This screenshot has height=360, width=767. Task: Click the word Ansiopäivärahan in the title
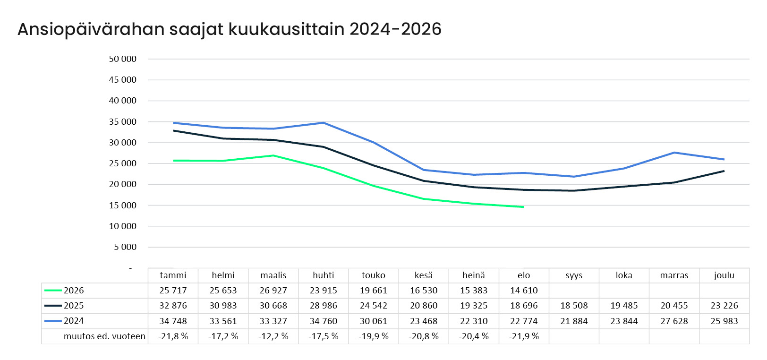[x=91, y=29]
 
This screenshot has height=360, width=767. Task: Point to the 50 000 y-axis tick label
[x=123, y=59]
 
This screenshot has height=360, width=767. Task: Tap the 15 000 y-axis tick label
[x=123, y=206]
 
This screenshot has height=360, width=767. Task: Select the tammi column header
[x=173, y=275]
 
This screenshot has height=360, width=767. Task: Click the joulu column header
[x=724, y=275]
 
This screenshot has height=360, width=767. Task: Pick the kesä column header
[x=424, y=275]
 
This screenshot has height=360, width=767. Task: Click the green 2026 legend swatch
[x=53, y=291]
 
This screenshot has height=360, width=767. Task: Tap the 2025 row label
[x=74, y=306]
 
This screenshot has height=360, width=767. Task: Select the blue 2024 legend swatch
[x=53, y=321]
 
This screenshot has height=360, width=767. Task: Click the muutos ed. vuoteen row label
[x=104, y=336]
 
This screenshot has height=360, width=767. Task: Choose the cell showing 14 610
[x=524, y=291]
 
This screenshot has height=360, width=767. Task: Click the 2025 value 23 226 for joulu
[x=724, y=306]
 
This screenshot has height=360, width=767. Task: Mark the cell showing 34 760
[x=323, y=321]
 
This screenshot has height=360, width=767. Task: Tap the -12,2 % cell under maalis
[x=273, y=336]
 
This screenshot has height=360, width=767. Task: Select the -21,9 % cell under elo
[x=524, y=336]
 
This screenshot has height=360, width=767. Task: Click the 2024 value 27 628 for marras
[x=674, y=321]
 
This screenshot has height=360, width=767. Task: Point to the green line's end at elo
[x=524, y=207]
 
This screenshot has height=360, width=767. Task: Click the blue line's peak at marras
[x=674, y=153]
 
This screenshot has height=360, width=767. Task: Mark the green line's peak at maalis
[x=273, y=155]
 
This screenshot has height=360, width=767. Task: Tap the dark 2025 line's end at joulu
[x=724, y=171]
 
